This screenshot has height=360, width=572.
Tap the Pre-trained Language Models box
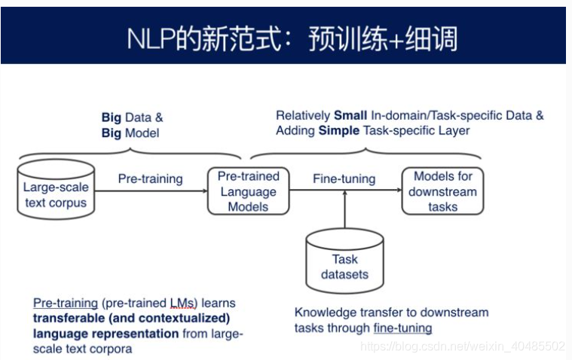(248, 191)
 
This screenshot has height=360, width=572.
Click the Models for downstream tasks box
(442, 191)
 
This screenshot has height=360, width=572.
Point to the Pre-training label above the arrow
(150, 178)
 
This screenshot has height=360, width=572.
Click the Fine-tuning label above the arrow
(344, 178)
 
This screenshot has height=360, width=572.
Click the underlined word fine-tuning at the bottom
(402, 328)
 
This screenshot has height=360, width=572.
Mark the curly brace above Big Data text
(130, 154)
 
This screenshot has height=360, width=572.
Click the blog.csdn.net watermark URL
(462, 346)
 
